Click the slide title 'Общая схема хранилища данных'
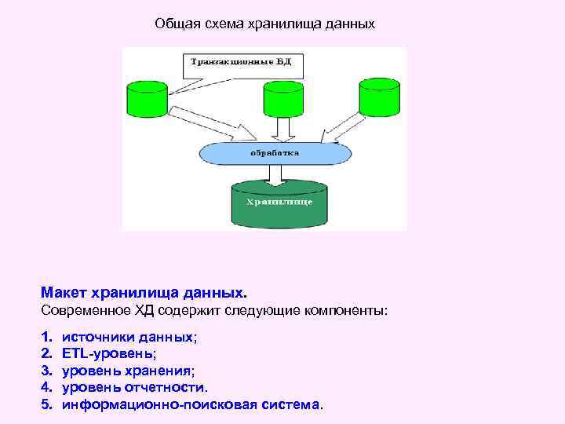[264, 24]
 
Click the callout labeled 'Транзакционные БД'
[242, 63]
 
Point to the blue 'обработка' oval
[275, 152]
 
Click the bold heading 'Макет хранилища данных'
[142, 293]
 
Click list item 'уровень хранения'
[129, 371]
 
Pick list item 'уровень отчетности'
[135, 387]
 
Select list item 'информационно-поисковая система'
[191, 404]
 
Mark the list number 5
[46, 404]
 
